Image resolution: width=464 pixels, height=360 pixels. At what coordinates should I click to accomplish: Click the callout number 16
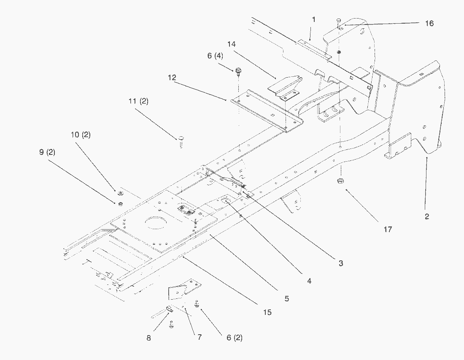[429, 23]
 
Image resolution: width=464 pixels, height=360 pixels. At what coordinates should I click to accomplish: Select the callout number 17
[388, 229]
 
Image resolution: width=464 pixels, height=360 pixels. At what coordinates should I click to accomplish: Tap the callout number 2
[427, 217]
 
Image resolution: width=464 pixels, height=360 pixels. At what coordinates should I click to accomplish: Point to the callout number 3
[340, 263]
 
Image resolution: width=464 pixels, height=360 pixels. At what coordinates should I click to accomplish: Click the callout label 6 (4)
[215, 56]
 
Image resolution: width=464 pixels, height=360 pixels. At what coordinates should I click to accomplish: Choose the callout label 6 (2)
[235, 338]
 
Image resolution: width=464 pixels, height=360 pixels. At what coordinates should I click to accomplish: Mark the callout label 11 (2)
[138, 101]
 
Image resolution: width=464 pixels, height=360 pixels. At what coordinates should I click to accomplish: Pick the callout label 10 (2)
[81, 135]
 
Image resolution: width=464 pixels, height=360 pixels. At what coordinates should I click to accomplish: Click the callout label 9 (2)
[47, 152]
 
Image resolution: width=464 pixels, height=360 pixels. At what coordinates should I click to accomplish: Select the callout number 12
[172, 78]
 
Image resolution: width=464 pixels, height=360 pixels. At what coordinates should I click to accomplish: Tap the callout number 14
[232, 44]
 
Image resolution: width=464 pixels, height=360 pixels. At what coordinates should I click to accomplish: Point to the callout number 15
[267, 312]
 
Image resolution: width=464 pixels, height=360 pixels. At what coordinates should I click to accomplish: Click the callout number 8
[148, 338]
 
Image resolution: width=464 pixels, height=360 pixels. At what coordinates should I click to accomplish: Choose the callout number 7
[200, 337]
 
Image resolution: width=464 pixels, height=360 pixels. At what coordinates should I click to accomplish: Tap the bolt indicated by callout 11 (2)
[181, 142]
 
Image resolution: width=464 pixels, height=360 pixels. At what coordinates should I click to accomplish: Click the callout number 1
[314, 19]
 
